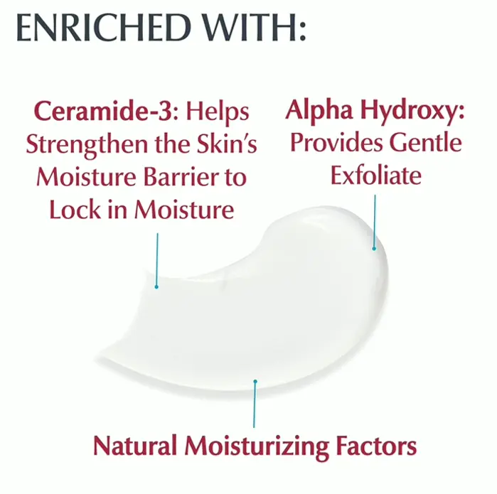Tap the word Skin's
227,144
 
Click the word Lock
75,210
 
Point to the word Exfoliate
376,175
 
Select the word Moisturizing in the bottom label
257,447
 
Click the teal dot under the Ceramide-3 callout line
156,287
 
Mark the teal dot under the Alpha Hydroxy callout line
374,249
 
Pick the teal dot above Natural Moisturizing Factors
255,382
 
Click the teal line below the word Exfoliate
375,222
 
